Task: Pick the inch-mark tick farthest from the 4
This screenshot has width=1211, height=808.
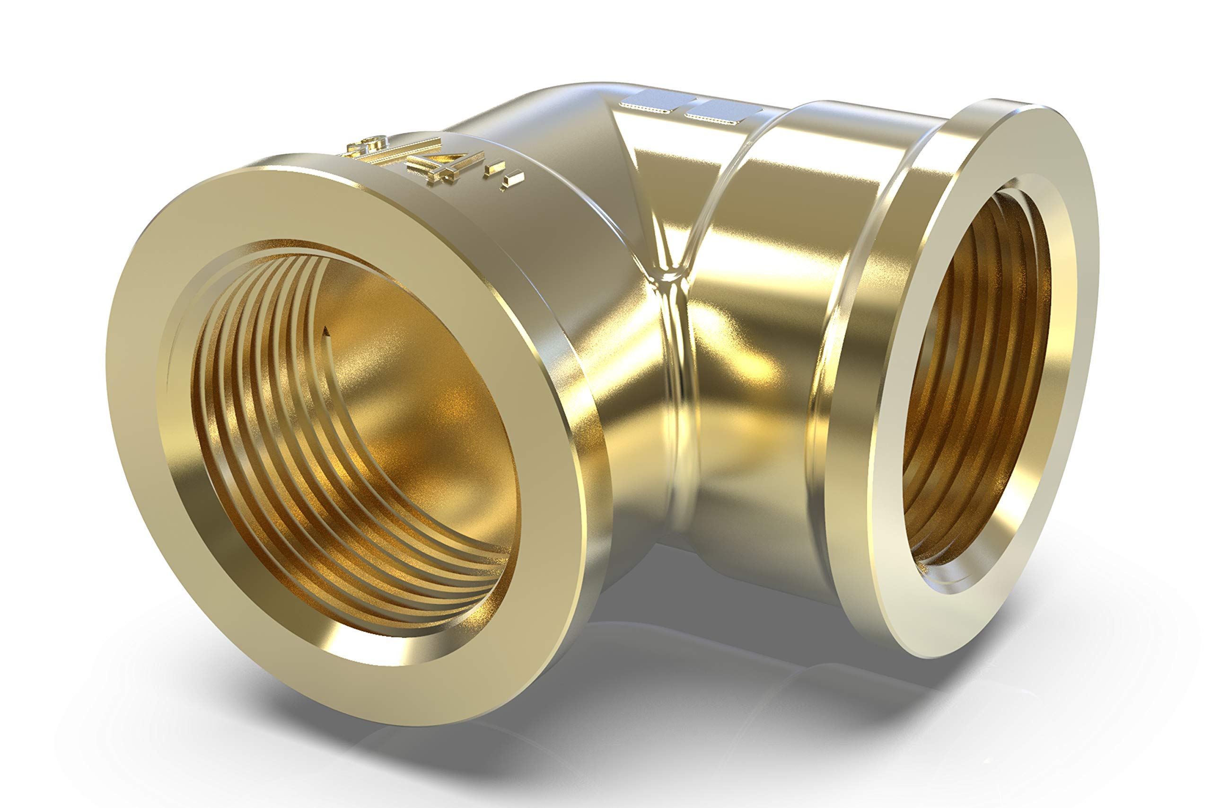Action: point(513,180)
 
